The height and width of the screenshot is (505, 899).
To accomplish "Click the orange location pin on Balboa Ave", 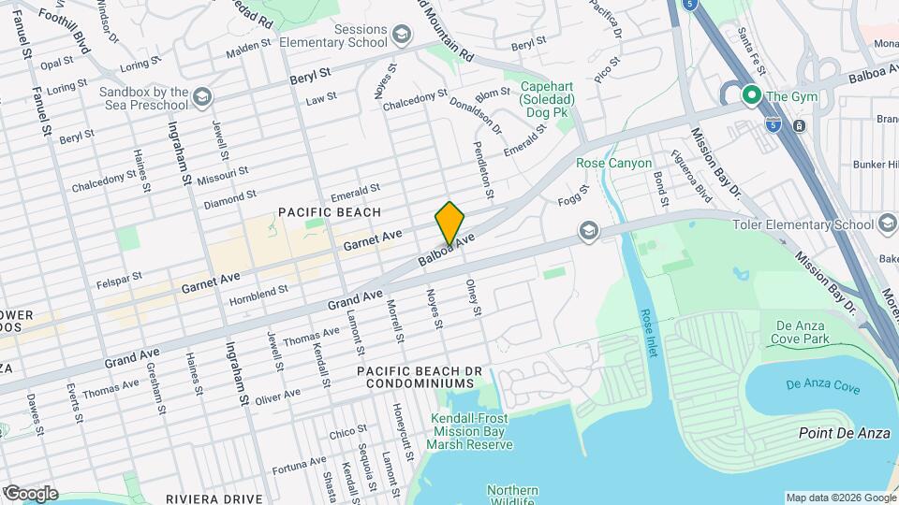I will [x=450, y=224].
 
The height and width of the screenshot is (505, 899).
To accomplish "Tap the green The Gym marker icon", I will [x=750, y=95].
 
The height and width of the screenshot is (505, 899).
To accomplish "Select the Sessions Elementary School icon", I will [x=401, y=36].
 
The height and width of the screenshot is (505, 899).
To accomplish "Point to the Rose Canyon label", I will [x=613, y=163].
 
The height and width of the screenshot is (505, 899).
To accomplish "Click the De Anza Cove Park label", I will [x=803, y=332].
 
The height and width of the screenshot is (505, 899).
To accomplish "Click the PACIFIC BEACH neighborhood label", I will [x=330, y=212].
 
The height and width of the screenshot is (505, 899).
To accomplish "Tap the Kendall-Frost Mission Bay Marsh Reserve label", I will [x=473, y=431].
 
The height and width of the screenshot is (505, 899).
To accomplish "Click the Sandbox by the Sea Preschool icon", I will [x=202, y=97].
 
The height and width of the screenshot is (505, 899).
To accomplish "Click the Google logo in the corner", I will [x=30, y=493].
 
